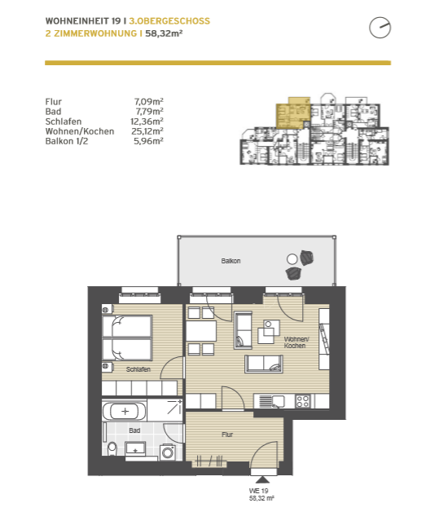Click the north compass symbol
[x=380, y=28]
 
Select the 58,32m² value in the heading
[x=164, y=33]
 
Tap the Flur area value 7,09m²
[x=149, y=102]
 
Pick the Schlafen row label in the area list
[x=64, y=121]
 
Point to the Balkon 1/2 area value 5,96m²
[x=148, y=141]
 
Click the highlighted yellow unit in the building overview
[x=293, y=113]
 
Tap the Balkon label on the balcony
[x=230, y=261]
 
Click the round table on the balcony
[x=292, y=259]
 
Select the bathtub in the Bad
[x=125, y=411]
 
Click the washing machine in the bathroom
[x=168, y=452]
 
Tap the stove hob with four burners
[x=302, y=401]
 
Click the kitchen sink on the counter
[x=272, y=401]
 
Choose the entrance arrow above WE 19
[x=262, y=479]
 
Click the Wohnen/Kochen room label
[x=296, y=342]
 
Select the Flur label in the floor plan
[x=227, y=435]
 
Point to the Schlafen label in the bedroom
[x=138, y=369]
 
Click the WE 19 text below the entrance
[x=259, y=491]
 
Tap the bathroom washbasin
[x=136, y=448]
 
